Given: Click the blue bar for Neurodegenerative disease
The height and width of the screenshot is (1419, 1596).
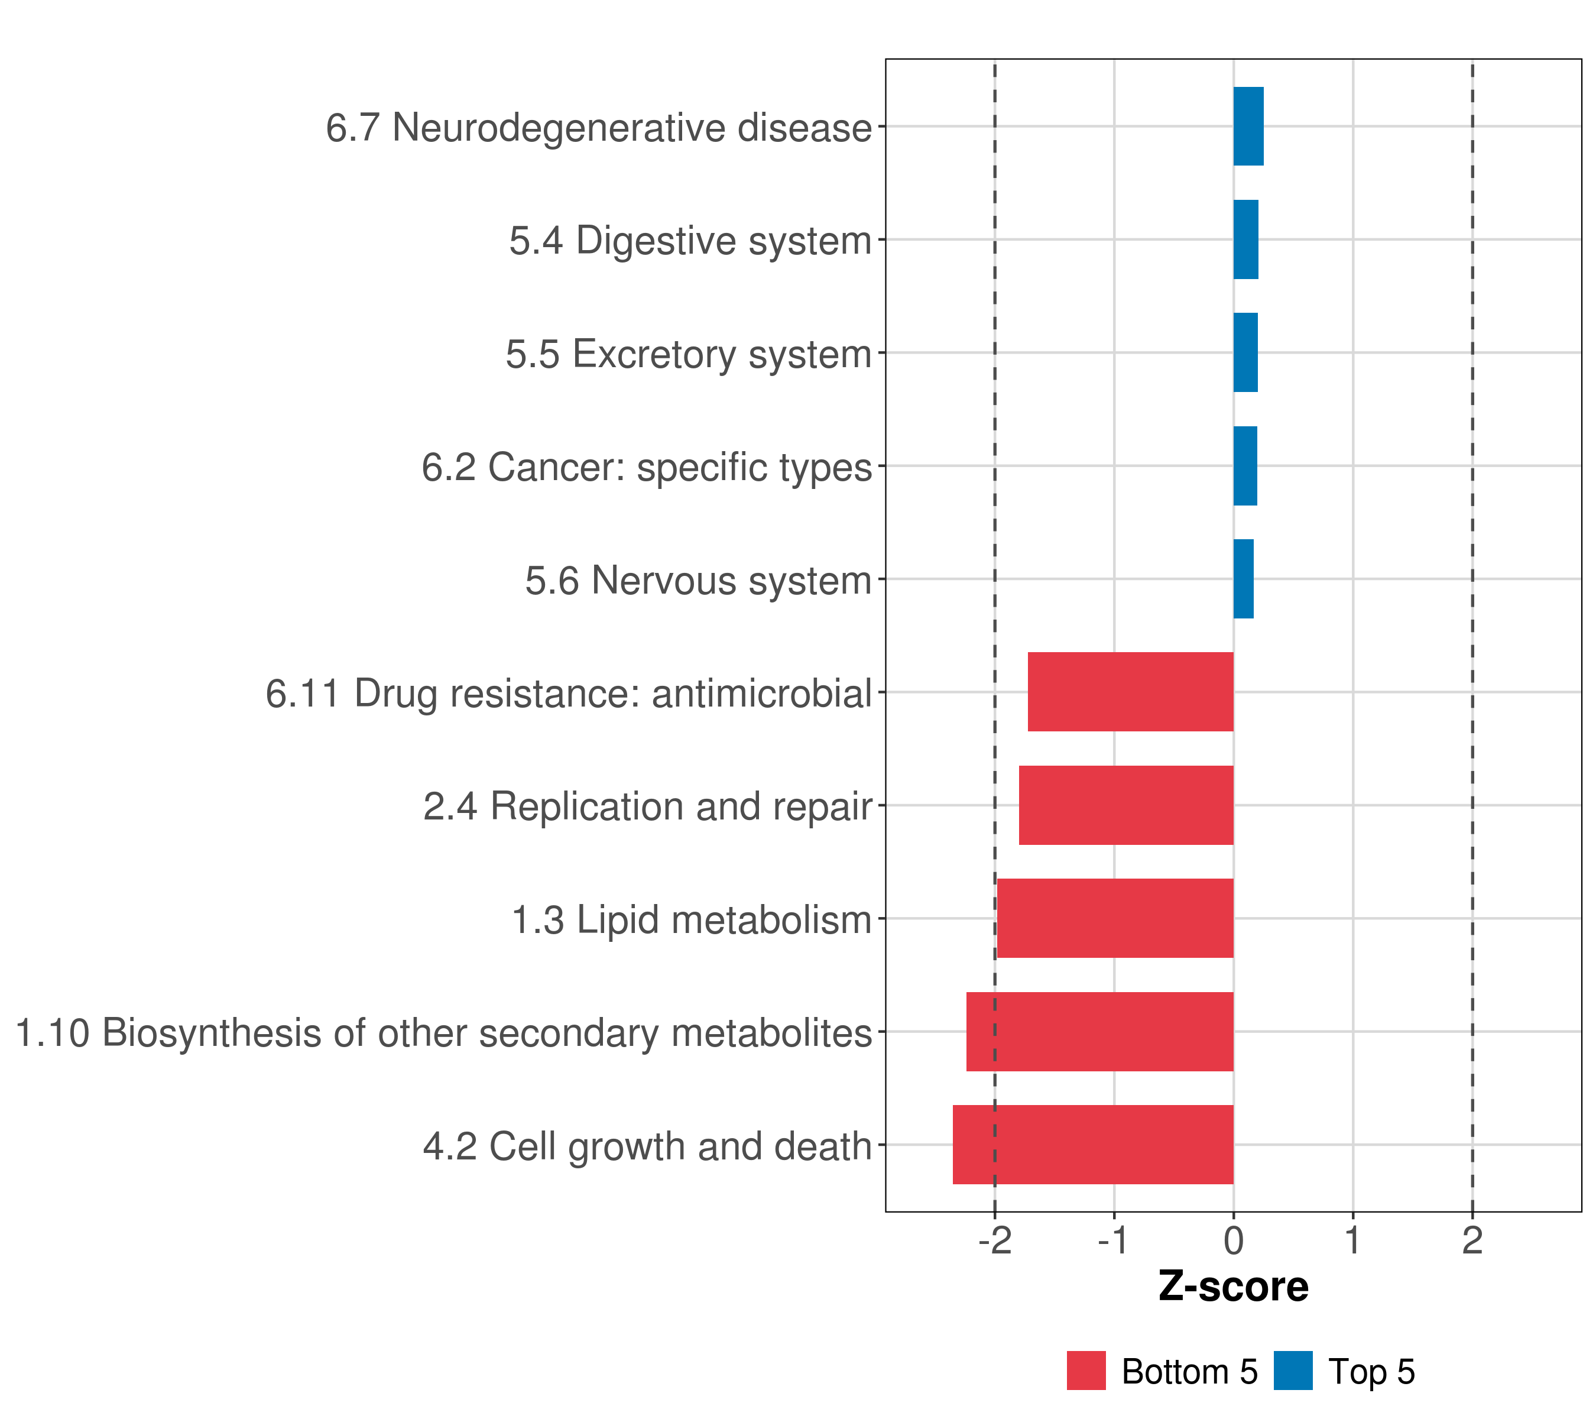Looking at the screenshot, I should tap(1248, 127).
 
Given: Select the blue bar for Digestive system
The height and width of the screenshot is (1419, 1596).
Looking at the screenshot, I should tap(1245, 240).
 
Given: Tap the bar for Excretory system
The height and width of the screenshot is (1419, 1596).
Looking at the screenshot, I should tap(1245, 352).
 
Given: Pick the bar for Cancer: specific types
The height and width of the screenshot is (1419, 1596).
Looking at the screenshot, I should tap(1245, 466).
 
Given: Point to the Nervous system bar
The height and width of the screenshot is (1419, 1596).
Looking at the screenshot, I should tap(1243, 579).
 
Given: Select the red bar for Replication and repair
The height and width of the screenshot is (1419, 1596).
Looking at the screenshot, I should tap(1126, 805).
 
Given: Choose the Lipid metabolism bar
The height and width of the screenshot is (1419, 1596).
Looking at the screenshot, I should tap(1115, 918).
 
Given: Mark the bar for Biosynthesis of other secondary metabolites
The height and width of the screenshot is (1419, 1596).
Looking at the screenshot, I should tap(1099, 1032).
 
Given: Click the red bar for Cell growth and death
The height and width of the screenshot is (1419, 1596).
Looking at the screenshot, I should tap(1092, 1145).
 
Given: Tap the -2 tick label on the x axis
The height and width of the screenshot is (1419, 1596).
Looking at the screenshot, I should tap(994, 1241).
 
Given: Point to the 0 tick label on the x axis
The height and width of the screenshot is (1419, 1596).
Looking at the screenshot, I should tap(1233, 1241).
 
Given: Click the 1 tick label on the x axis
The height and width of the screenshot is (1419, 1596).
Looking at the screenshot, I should tap(1352, 1241).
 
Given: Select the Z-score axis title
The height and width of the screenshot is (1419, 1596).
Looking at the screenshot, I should tap(1233, 1288).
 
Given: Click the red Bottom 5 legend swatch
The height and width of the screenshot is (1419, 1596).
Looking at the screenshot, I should tap(1086, 1371).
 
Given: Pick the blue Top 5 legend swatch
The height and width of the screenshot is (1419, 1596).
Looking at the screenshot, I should tap(1293, 1371).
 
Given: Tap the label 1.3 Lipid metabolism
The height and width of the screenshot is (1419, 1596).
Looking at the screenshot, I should tap(691, 920).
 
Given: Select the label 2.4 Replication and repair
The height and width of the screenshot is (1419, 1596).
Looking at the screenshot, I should tap(647, 806).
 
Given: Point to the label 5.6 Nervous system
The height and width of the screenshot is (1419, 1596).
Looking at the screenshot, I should tap(698, 581).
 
